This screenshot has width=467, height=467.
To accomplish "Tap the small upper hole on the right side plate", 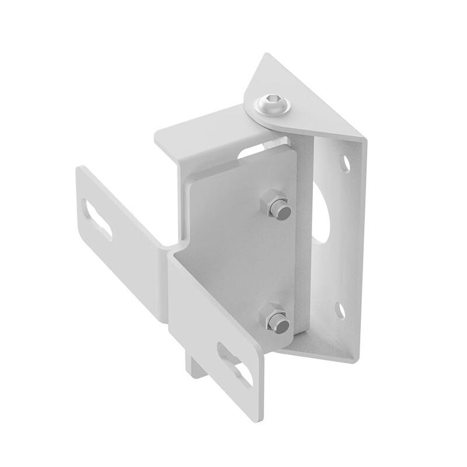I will tap(346, 163).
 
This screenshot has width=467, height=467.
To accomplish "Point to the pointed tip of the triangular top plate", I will tap(267, 55).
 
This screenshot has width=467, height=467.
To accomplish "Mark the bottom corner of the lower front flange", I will tap(257, 419).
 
